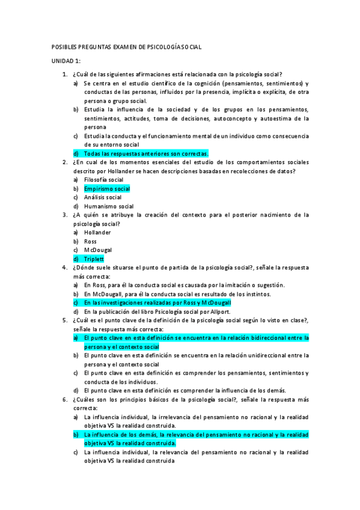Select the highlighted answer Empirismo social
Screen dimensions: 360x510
(107, 188)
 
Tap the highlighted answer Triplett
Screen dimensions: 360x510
(94, 259)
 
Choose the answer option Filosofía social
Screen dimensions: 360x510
(104, 179)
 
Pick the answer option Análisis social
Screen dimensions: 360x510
(103, 197)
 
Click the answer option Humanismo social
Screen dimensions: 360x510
(109, 206)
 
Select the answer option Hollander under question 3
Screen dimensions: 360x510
(97, 232)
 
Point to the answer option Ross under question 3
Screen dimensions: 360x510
(90, 241)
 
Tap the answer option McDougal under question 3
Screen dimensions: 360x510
(98, 250)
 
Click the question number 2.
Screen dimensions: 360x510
(64, 162)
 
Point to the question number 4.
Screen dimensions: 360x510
(64, 268)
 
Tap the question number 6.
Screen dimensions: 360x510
(64, 399)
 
